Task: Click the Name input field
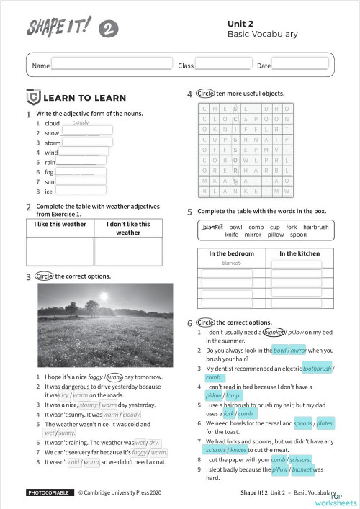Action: [111, 65]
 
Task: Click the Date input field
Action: [300, 65]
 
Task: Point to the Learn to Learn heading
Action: [84, 98]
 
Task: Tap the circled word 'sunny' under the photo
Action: [114, 377]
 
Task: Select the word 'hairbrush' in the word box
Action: [315, 227]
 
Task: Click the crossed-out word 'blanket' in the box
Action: [212, 227]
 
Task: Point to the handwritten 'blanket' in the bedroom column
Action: [231, 263]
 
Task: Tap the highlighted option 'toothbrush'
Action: [317, 368]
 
